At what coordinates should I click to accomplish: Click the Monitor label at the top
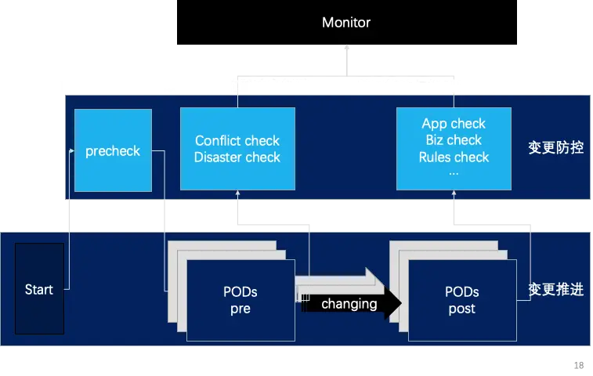click(x=346, y=23)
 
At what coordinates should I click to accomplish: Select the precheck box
click(x=112, y=150)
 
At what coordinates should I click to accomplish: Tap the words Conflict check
click(x=237, y=141)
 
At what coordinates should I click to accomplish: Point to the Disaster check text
click(x=237, y=157)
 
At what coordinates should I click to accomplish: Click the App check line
click(x=454, y=124)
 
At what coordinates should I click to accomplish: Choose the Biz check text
click(x=454, y=140)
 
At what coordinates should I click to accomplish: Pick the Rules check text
click(x=454, y=157)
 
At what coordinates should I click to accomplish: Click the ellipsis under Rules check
click(x=454, y=172)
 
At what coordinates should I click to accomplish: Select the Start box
click(x=39, y=290)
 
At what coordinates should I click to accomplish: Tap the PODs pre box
click(x=240, y=300)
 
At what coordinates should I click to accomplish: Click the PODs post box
click(x=461, y=300)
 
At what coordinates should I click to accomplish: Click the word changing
click(x=349, y=303)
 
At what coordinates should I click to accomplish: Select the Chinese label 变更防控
click(x=555, y=147)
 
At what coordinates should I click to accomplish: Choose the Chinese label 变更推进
click(x=555, y=289)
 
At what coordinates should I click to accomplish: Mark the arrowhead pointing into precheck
click(x=73, y=150)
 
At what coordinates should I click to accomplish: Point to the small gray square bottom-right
click(x=579, y=363)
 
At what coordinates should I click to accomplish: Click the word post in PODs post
click(x=461, y=309)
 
